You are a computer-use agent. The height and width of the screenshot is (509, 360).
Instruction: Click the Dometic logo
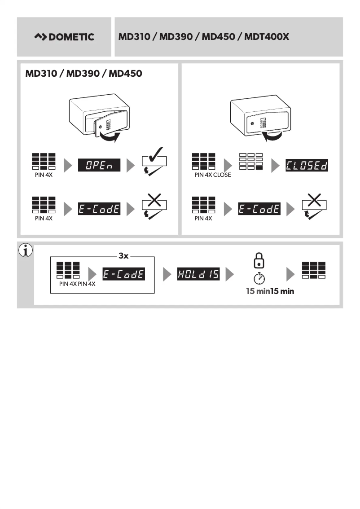point(64,37)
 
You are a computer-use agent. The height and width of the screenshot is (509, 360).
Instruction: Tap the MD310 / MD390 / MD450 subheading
point(84,73)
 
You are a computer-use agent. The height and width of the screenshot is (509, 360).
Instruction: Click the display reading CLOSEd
point(306,166)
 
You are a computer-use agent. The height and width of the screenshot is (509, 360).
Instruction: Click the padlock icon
point(259,260)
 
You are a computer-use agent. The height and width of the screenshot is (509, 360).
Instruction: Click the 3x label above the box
point(123,256)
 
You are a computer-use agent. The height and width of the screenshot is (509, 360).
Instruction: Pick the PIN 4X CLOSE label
point(212,175)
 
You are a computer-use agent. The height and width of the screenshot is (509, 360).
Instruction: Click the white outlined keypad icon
point(251,162)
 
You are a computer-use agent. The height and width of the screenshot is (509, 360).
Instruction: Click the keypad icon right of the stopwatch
point(314,270)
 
